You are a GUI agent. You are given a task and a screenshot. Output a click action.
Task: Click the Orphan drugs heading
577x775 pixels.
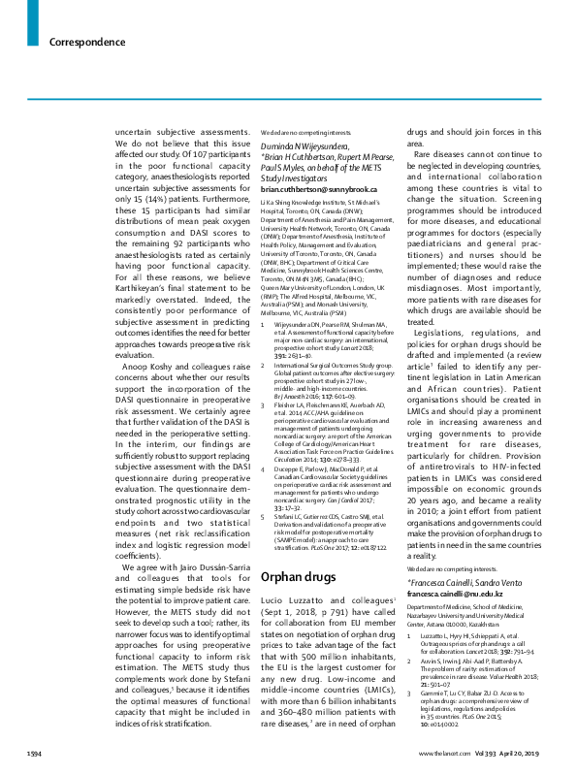[296, 550]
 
